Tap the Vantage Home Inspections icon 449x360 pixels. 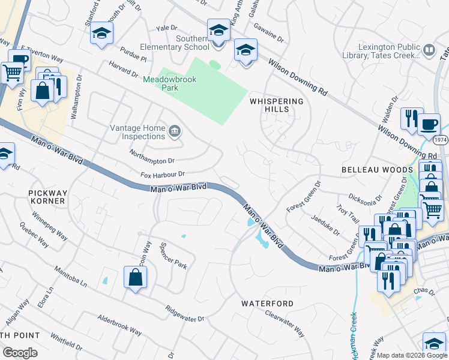coord(175,131)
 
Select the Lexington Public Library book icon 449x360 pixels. coord(429,50)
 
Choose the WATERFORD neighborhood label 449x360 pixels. coord(268,304)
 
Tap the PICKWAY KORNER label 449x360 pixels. coord(47,197)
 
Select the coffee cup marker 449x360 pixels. coord(429,124)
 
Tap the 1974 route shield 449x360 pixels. coord(441,140)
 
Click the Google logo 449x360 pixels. coord(20,352)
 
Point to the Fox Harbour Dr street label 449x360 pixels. coord(163,175)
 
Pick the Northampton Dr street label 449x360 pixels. coord(152,157)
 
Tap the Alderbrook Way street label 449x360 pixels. coord(119,325)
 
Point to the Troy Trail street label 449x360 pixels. coord(346,214)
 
